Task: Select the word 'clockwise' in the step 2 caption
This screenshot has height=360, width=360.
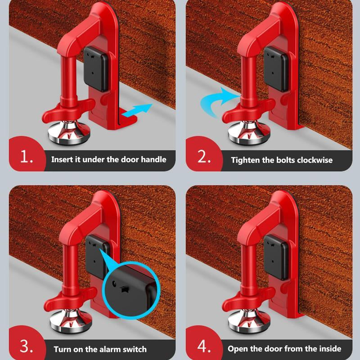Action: click(315, 160)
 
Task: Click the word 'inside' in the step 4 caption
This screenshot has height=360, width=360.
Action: click(329, 349)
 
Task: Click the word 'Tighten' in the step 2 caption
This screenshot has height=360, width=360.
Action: click(246, 160)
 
